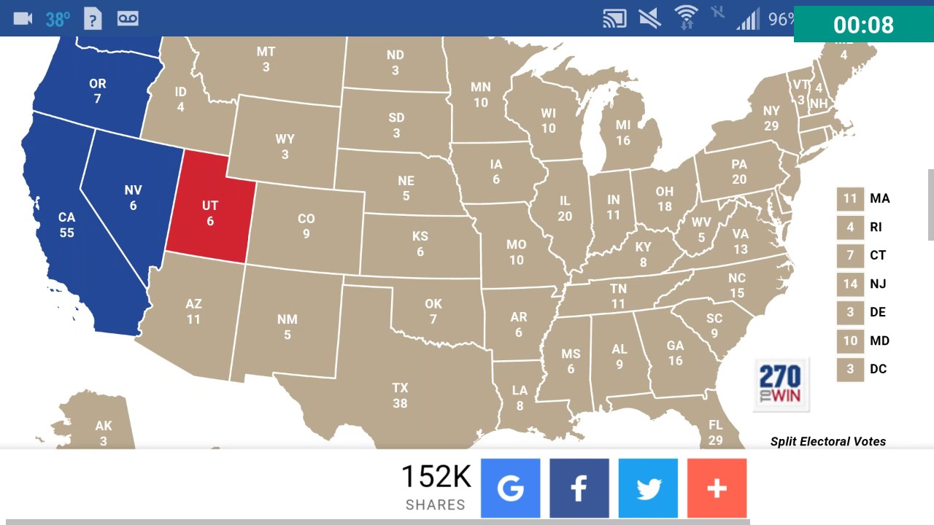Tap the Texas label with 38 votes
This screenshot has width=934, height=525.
click(x=400, y=395)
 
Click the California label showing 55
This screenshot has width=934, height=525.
click(x=66, y=225)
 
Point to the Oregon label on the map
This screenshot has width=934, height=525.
click(x=97, y=90)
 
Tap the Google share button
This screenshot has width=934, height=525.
click(x=510, y=488)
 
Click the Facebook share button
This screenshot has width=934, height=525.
click(x=579, y=488)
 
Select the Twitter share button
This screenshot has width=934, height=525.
click(x=648, y=488)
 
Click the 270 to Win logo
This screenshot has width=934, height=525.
click(x=780, y=384)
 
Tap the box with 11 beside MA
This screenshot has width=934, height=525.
click(x=849, y=198)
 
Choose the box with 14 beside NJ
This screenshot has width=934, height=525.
click(x=849, y=284)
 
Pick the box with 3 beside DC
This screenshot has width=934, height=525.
click(x=849, y=369)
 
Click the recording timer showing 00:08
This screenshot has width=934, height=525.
click(x=863, y=25)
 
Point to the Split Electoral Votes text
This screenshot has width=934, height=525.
click(x=828, y=441)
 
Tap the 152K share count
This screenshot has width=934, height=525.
click(x=436, y=478)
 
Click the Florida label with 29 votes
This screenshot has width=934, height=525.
click(x=715, y=432)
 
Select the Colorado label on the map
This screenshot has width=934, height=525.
click(x=306, y=226)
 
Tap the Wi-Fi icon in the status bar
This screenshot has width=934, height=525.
click(x=686, y=17)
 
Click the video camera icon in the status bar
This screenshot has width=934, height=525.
click(x=23, y=18)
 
